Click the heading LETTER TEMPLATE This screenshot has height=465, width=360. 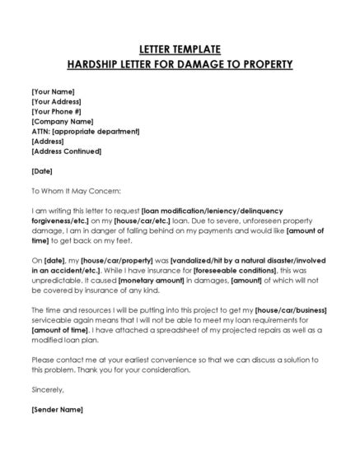pyautogui.click(x=180, y=49)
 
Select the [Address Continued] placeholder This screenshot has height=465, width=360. pyautogui.click(x=67, y=151)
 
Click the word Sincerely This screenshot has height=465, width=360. pyautogui.click(x=46, y=389)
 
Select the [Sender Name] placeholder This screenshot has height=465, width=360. pyautogui.click(x=57, y=409)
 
